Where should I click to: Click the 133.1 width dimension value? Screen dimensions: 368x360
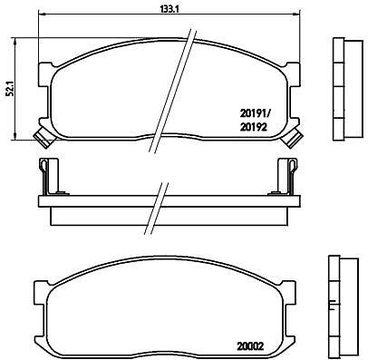pos(169,9)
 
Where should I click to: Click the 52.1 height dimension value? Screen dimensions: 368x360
pos(11,89)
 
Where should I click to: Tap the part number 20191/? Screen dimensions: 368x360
pos(256,113)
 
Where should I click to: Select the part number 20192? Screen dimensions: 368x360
pos(254,127)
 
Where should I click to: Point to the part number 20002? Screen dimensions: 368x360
pos(249,345)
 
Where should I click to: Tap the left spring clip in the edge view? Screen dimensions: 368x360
pos(44,176)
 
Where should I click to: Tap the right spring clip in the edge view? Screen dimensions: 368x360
pos(292,176)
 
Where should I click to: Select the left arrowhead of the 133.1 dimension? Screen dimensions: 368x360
pos(42,14)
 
